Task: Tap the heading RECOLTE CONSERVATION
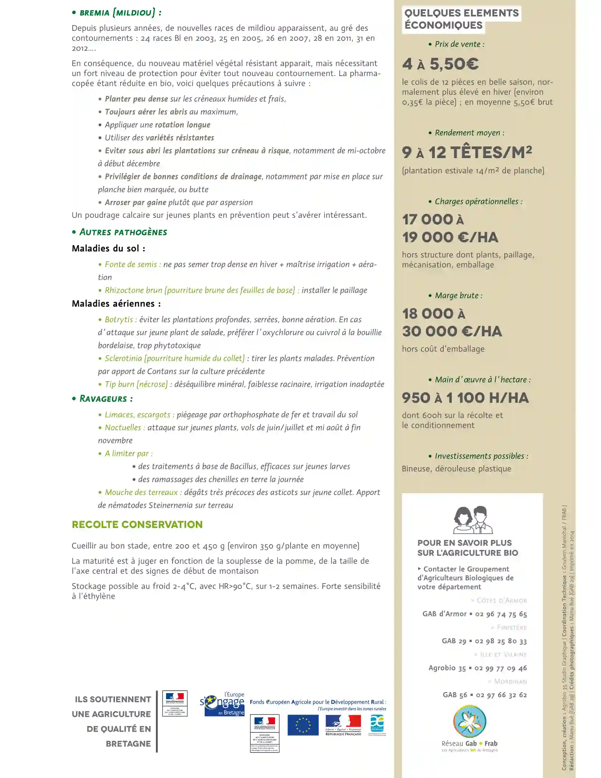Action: [137, 524]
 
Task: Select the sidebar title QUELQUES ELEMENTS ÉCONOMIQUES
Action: [462, 19]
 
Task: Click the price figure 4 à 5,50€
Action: [440, 64]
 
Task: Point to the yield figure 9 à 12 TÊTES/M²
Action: [467, 152]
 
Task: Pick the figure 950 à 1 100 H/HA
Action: [465, 398]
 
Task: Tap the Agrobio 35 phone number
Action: [501, 668]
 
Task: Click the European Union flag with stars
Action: [303, 725]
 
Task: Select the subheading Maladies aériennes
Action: [116, 303]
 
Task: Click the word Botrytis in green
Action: [118, 320]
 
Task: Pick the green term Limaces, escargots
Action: [138, 415]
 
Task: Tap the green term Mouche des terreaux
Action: [141, 492]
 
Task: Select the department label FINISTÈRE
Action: [512, 627]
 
